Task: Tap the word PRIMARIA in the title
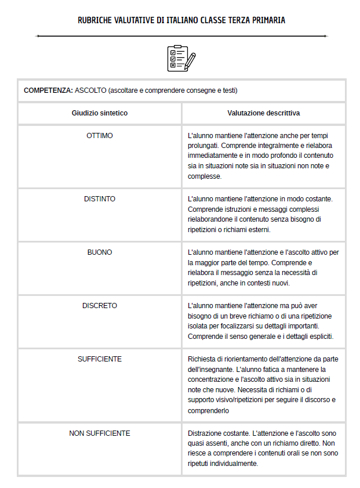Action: click(x=269, y=20)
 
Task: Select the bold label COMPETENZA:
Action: click(x=48, y=91)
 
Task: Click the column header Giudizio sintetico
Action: click(x=100, y=113)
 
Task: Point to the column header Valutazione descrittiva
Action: click(x=264, y=113)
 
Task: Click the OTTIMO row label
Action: click(x=100, y=136)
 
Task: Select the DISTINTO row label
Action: click(x=100, y=199)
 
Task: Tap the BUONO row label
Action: click(x=100, y=252)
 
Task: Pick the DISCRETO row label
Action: click(x=100, y=305)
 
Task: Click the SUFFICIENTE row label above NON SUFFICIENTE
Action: click(x=100, y=359)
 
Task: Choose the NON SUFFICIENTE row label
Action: click(x=100, y=433)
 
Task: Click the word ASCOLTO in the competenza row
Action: click(x=91, y=91)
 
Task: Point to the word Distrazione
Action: click(x=205, y=433)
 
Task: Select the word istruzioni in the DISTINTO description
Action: click(x=237, y=209)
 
